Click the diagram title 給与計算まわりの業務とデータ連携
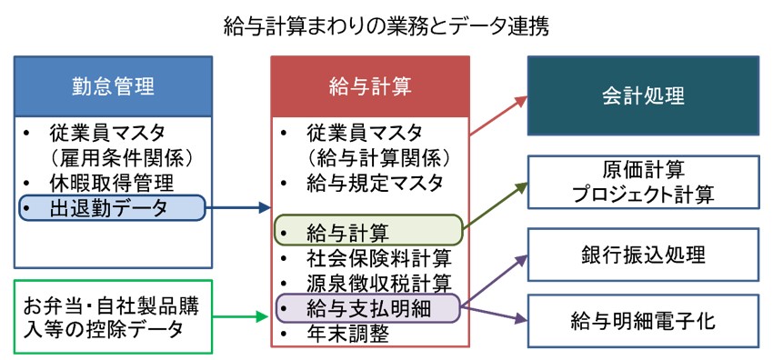point(386,26)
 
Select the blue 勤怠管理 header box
point(114,86)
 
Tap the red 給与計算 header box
point(369,86)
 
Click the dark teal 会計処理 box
point(643,95)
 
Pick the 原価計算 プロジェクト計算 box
point(643,181)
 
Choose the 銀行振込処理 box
point(643,254)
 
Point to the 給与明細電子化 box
point(643,320)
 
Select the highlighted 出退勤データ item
point(114,209)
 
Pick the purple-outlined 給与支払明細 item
point(369,307)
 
